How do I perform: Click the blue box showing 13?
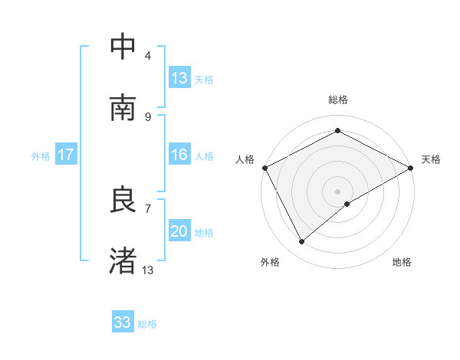tap(179, 78)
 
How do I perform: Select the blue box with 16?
tap(179, 155)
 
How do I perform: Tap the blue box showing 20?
tap(179, 231)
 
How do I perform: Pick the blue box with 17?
tap(66, 155)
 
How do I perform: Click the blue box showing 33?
tap(123, 322)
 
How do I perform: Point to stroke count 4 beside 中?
tap(148, 55)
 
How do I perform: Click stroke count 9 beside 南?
tap(148, 116)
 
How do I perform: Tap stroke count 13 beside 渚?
tap(148, 270)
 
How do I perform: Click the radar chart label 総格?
tap(337, 100)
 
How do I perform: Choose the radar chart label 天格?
tap(431, 159)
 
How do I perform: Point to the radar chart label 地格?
tap(402, 262)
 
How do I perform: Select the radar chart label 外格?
tap(270, 262)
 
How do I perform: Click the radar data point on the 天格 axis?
tap(411, 168)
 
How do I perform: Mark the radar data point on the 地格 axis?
tap(347, 204)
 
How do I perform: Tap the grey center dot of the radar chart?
tap(337, 191)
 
